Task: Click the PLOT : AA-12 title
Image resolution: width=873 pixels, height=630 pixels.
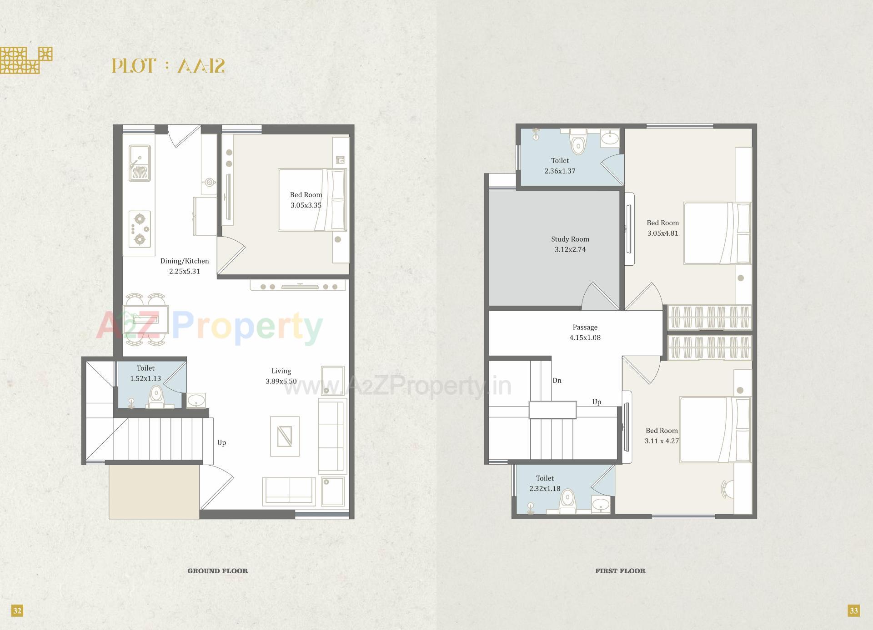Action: click(x=168, y=66)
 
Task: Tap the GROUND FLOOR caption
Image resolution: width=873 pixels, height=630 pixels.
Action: click(x=217, y=571)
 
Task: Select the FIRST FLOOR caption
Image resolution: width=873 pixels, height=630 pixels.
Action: click(x=620, y=571)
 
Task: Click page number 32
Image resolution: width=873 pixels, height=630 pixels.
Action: click(x=17, y=610)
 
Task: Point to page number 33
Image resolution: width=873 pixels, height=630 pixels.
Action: click(x=853, y=610)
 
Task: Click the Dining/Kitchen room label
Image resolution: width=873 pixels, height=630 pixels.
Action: click(x=185, y=261)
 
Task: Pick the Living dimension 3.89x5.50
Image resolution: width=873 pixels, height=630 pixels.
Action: click(x=281, y=382)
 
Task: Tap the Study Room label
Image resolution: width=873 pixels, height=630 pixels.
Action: click(x=570, y=239)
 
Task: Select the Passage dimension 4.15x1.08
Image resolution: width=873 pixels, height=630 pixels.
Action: click(x=585, y=337)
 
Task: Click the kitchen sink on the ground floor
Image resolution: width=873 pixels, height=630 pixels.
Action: click(x=140, y=163)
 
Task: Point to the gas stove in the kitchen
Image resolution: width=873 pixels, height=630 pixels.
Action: click(x=140, y=229)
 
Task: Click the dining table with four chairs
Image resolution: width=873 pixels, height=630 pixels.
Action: click(x=146, y=319)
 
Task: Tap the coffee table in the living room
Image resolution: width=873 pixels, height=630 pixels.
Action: click(x=285, y=436)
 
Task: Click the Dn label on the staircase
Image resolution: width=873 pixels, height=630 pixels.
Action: click(x=557, y=381)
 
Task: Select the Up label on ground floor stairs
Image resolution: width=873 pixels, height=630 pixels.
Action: click(x=221, y=442)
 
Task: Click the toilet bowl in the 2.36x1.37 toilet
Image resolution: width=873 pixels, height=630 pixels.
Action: click(x=578, y=144)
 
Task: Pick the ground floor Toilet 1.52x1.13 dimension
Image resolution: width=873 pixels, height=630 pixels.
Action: click(x=145, y=378)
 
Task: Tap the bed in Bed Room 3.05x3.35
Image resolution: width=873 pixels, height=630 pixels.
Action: click(x=312, y=200)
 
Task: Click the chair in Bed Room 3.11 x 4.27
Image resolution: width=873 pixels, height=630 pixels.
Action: click(x=727, y=489)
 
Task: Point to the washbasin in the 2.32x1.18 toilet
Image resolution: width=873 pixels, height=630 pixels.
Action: click(x=601, y=505)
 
